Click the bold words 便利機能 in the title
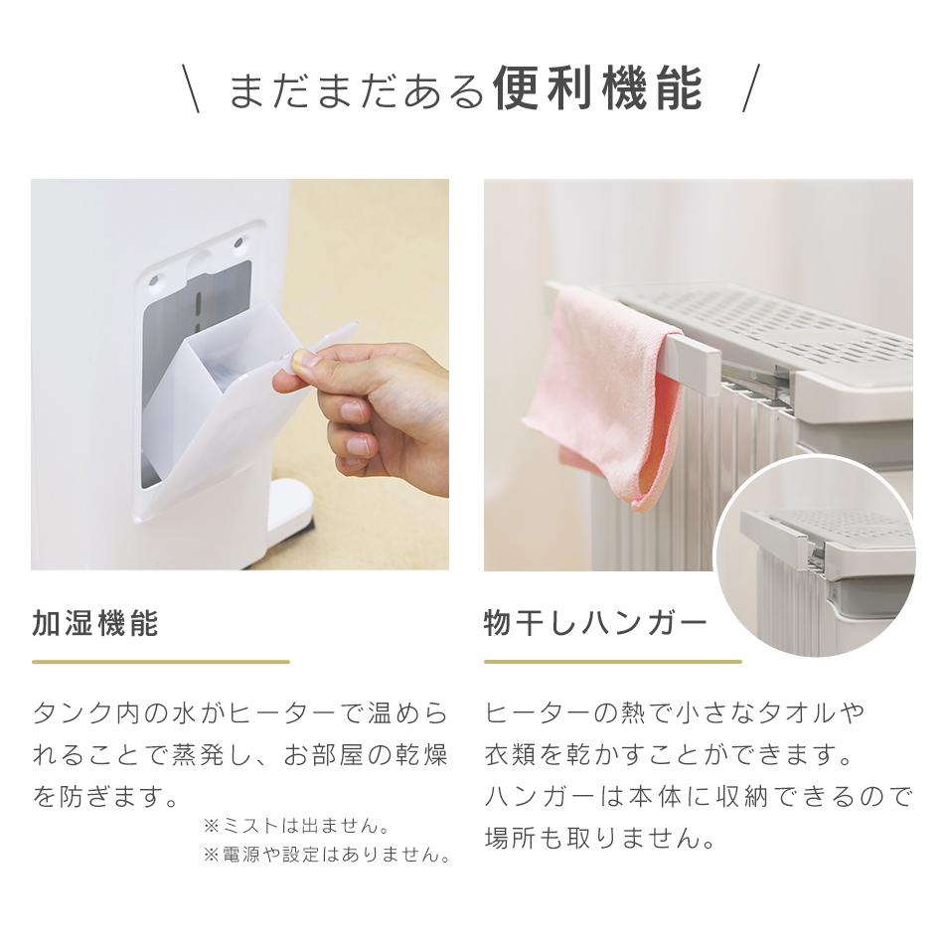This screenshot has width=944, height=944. coord(597,89)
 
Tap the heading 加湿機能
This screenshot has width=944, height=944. coord(95,624)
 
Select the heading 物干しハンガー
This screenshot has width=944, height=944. coord(595,624)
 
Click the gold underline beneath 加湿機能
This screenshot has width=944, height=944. coord(160,661)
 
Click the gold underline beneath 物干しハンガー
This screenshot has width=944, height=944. coord(612,661)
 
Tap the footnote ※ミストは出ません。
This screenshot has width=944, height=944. coord(295,826)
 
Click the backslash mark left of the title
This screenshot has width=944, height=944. coord(191,89)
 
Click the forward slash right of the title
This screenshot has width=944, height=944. coord(751,89)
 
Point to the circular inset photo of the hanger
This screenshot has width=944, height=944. coord(815,556)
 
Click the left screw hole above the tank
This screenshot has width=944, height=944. coord(154,280)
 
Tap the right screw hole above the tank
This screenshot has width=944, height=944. coord(238,242)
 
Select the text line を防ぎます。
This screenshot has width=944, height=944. coord(106,797)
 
